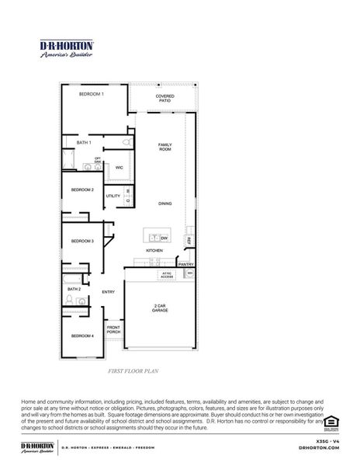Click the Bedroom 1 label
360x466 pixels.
tap(92, 94)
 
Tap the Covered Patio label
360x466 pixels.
tap(164, 99)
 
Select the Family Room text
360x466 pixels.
tap(164, 147)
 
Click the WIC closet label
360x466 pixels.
tap(119, 167)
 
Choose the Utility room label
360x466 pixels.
tap(112, 196)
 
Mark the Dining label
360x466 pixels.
tap(164, 203)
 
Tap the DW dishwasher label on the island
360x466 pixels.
tap(164, 238)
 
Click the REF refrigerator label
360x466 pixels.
tap(189, 242)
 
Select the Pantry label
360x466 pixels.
tap(186, 264)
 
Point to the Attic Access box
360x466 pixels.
tap(166, 274)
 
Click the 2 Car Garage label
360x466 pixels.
tap(161, 308)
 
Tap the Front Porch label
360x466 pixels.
tap(113, 329)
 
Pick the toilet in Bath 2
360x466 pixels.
tap(70, 297)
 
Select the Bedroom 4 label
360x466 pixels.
tap(82, 336)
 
